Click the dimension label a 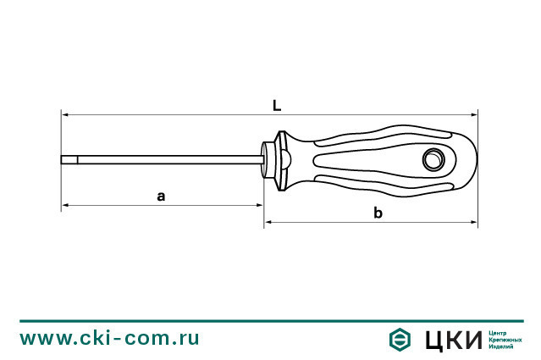point(161,196)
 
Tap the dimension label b point(378,213)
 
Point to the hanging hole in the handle point(433,158)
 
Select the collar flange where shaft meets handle point(271,158)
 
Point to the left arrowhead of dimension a point(65,205)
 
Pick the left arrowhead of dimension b point(269,223)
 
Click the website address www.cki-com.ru point(110,338)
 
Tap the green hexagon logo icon point(400,339)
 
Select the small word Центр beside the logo point(499,332)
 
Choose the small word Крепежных point(505,339)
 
